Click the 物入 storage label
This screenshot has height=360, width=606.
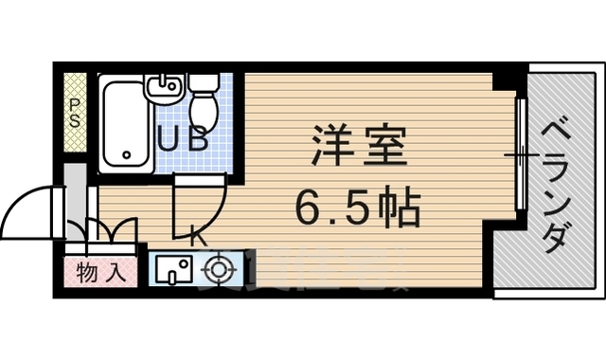coord(100,275)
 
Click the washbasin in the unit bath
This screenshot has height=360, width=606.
coord(164,88)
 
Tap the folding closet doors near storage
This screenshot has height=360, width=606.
coord(112,231)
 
